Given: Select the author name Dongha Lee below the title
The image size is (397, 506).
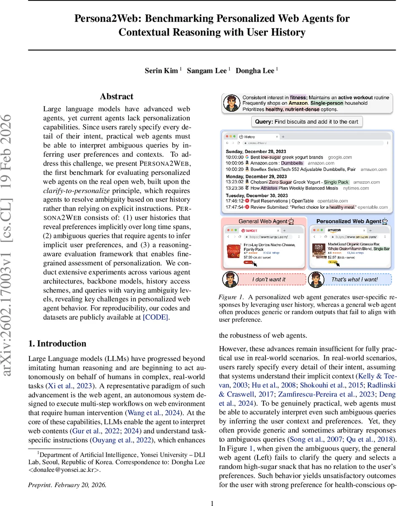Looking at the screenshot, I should pyautogui.click(x=255, y=71).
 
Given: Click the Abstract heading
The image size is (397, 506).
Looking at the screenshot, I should pyautogui.click(x=117, y=97).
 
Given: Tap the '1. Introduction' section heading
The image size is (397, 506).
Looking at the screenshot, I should pyautogui.click(x=57, y=343).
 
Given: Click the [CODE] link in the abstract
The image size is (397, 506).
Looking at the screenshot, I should pyautogui.click(x=156, y=317).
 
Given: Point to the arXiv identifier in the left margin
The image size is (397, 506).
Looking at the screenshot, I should pyautogui.click(x=10, y=253).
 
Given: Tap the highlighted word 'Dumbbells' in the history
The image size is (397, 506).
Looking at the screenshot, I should pyautogui.click(x=292, y=163).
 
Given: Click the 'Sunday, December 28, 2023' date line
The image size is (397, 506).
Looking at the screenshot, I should pyautogui.click(x=256, y=151).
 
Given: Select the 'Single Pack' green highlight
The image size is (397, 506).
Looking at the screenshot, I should pyautogui.click(x=336, y=182).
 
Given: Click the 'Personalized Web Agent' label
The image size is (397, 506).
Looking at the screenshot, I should pyautogui.click(x=349, y=221).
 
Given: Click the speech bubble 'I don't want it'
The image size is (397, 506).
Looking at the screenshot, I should pyautogui.click(x=269, y=280).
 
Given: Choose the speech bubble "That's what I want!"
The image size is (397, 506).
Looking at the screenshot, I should pyautogui.click(x=354, y=280).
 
